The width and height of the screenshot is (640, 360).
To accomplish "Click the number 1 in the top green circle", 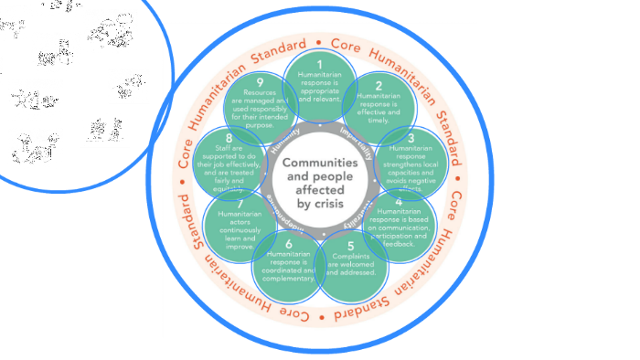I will [319, 64].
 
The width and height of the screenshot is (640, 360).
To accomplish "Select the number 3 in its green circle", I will [411, 138].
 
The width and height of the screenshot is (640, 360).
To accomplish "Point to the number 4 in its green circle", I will [400, 201].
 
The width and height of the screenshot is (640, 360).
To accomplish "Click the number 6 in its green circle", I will [289, 244].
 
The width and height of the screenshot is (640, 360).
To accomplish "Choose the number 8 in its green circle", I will [229, 138].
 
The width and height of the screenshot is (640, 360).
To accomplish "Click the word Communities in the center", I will [319, 163].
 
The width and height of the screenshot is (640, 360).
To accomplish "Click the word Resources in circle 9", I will [261, 94].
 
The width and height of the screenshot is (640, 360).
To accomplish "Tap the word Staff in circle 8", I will [223, 148].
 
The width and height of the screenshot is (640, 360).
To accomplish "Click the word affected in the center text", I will [319, 190].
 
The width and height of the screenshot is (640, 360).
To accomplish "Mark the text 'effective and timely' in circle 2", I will [377, 111].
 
